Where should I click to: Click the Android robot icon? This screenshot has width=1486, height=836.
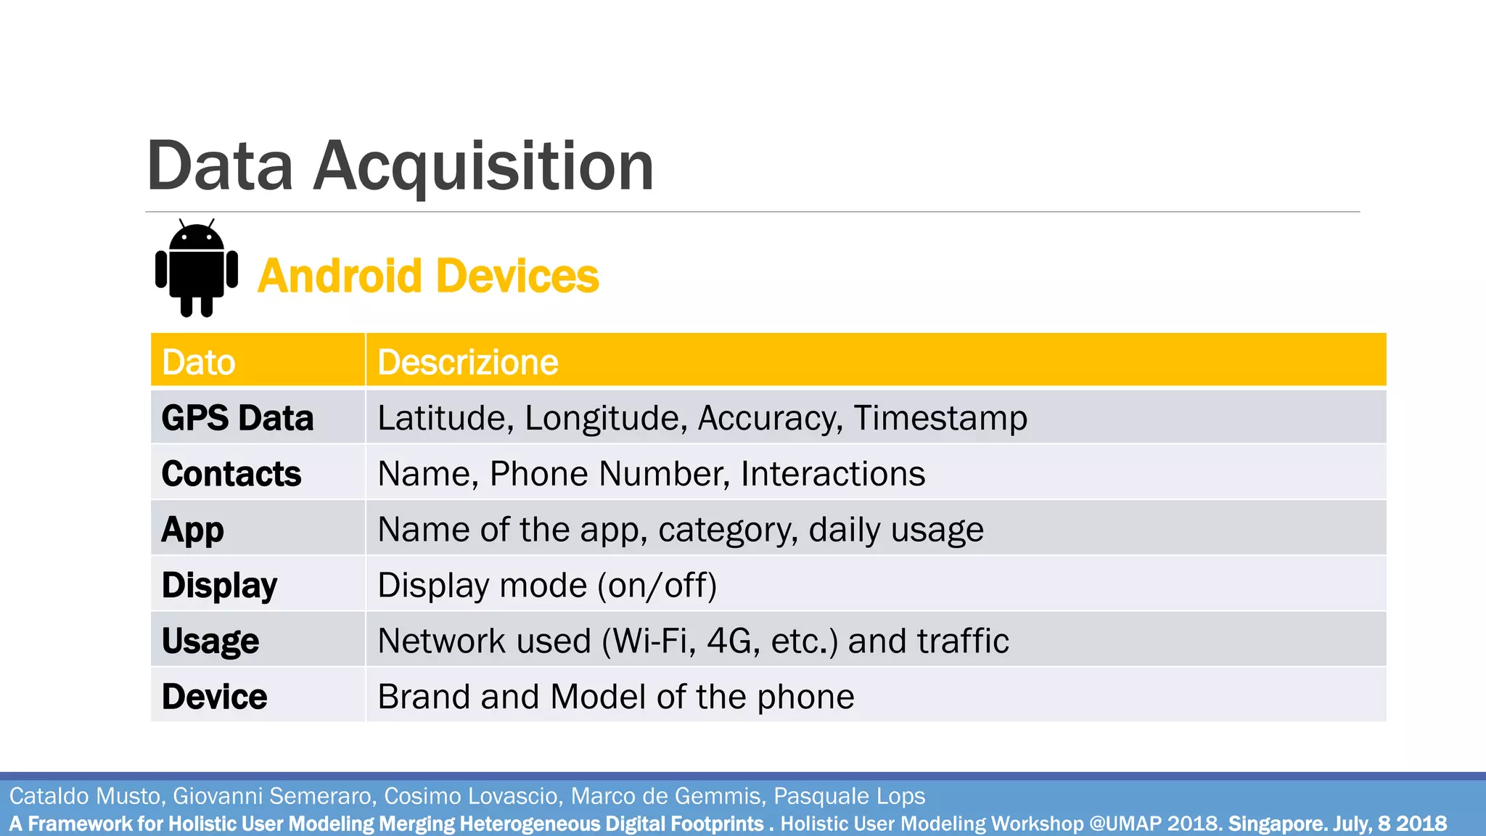[197, 269]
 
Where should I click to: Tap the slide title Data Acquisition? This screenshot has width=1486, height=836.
[400, 166]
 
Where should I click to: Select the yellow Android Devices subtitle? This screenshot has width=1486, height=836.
[428, 276]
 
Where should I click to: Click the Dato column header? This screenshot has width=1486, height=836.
[199, 362]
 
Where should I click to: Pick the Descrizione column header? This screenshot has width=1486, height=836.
[468, 362]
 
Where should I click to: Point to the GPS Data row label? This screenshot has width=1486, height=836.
[237, 418]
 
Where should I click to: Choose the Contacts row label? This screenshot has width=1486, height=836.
[231, 474]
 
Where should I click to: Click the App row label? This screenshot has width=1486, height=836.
[193, 530]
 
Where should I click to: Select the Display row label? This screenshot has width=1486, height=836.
[219, 586]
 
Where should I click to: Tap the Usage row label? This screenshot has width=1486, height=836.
[210, 642]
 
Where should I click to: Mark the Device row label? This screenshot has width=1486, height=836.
[215, 697]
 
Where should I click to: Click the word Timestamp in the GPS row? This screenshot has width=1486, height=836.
[940, 418]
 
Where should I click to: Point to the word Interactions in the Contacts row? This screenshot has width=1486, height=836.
[833, 474]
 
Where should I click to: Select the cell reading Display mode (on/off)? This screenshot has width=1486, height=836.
[547, 586]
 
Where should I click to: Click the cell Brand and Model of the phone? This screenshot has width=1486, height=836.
[616, 697]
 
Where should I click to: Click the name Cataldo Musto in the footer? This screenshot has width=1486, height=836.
[84, 796]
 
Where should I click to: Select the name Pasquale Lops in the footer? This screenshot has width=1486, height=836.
[849, 796]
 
